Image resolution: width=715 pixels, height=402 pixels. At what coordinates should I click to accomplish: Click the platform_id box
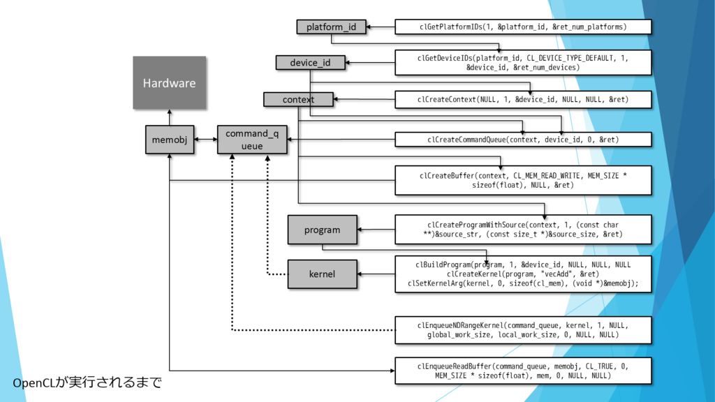click(x=331, y=27)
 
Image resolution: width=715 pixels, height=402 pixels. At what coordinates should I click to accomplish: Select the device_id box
click(x=310, y=63)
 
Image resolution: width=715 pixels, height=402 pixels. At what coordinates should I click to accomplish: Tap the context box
click(x=298, y=100)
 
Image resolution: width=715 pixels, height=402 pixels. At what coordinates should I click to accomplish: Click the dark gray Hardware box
click(x=169, y=83)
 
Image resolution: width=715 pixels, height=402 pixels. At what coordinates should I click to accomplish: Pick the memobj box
click(x=170, y=140)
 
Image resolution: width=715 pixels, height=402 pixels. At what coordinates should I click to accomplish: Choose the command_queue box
click(x=251, y=140)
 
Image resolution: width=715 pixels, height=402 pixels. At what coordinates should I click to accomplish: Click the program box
click(x=322, y=230)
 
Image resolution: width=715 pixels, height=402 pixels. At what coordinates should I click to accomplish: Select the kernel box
click(x=322, y=274)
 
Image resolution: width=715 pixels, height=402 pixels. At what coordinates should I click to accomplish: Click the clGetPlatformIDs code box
click(x=523, y=27)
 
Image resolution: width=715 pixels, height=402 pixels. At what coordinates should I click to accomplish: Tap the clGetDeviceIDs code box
click(x=523, y=63)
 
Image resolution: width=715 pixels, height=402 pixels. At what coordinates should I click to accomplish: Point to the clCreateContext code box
click(x=523, y=100)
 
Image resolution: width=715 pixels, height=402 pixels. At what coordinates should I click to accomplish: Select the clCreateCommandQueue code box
click(x=523, y=140)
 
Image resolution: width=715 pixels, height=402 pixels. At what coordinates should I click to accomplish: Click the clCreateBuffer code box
click(x=523, y=180)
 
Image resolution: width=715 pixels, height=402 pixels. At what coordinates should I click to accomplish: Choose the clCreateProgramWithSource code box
click(x=523, y=230)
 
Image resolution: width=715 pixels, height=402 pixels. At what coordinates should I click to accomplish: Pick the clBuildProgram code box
click(x=523, y=274)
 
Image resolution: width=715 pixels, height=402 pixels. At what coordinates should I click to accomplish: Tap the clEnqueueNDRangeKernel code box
click(x=523, y=330)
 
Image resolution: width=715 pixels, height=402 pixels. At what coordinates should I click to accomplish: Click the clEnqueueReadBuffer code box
click(x=523, y=371)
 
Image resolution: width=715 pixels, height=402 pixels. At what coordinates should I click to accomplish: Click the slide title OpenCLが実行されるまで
click(x=87, y=382)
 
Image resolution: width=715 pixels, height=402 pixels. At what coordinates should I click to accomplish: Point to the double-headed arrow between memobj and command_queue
click(x=206, y=140)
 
